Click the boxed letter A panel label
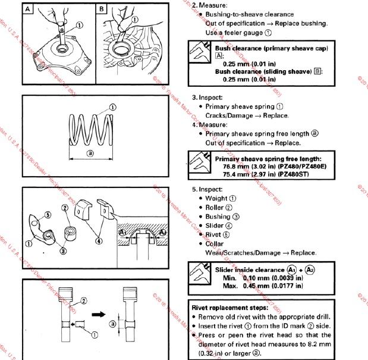(x=29, y=9)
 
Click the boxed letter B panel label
(x=102, y=9)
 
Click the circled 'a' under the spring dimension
(x=90, y=153)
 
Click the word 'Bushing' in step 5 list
(x=218, y=217)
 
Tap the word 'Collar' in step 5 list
(x=216, y=244)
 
